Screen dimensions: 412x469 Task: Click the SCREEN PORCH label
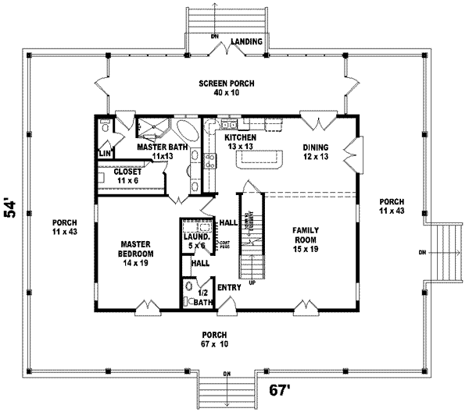tap(226, 83)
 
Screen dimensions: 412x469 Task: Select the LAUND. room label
tap(195, 236)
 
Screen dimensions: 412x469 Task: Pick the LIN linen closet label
tap(104, 154)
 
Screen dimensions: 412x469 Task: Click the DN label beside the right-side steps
tap(423, 252)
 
